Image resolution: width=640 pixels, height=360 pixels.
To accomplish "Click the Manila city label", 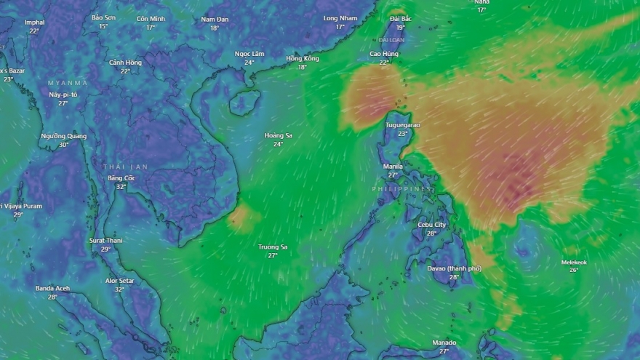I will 393,167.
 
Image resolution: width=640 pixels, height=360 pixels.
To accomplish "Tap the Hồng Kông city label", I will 303,58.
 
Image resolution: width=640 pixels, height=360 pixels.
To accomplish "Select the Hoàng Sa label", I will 278,135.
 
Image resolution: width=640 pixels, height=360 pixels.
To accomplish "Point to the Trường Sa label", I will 273,247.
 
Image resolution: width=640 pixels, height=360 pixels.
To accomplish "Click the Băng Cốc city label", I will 121,177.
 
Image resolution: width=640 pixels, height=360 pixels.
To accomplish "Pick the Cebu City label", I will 432,225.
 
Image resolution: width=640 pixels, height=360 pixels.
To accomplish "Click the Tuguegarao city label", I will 402,125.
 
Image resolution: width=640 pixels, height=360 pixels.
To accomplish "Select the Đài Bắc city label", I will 401,18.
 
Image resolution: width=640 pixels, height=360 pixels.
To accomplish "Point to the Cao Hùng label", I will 384,54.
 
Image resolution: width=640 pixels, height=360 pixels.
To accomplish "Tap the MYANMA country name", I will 68,83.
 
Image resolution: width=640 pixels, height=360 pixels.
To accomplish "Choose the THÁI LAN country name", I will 125,167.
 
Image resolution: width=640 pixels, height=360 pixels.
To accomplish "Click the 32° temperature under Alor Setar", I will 120,289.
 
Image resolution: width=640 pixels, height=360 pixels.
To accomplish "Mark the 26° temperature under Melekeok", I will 574,271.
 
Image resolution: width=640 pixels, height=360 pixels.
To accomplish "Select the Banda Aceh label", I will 52,288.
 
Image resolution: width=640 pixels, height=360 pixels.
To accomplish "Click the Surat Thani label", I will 105,240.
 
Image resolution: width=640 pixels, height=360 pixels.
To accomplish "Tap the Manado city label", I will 444,343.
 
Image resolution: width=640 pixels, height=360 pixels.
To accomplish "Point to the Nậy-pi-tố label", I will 63,95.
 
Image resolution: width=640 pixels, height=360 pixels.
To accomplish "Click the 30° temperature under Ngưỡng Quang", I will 64,145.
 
